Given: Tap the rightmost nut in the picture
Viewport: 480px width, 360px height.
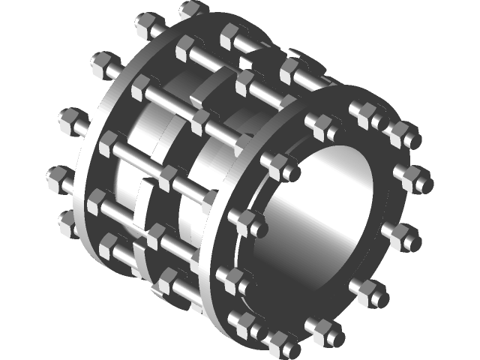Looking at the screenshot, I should click(x=420, y=178).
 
